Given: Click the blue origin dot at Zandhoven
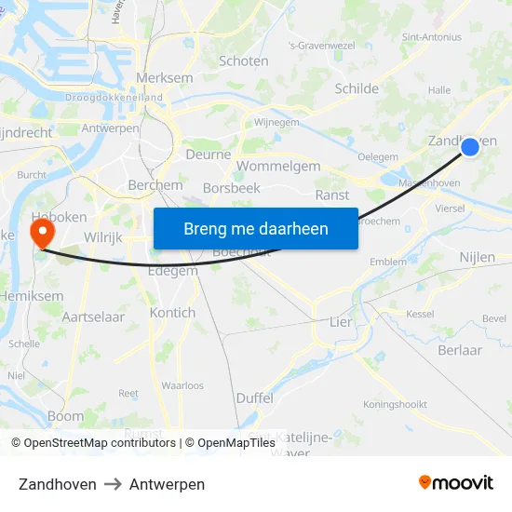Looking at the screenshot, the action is click(470, 147).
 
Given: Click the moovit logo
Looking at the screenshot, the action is click(456, 483).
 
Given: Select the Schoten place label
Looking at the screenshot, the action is click(244, 61).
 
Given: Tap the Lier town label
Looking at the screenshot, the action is click(341, 322).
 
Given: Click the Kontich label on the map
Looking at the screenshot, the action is click(172, 313).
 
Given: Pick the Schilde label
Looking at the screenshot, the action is click(357, 89).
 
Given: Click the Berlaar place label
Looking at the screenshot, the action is click(460, 350).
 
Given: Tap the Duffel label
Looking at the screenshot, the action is click(254, 397).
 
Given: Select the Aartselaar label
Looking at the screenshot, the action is click(93, 317).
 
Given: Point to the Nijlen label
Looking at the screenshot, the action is click(477, 257).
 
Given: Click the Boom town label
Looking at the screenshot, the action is click(65, 416).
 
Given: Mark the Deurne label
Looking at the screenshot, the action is click(209, 155).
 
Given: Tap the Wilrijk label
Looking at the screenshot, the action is click(103, 237).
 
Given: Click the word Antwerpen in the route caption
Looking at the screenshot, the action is click(167, 484).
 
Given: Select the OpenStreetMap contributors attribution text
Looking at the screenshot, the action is click(99, 443).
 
